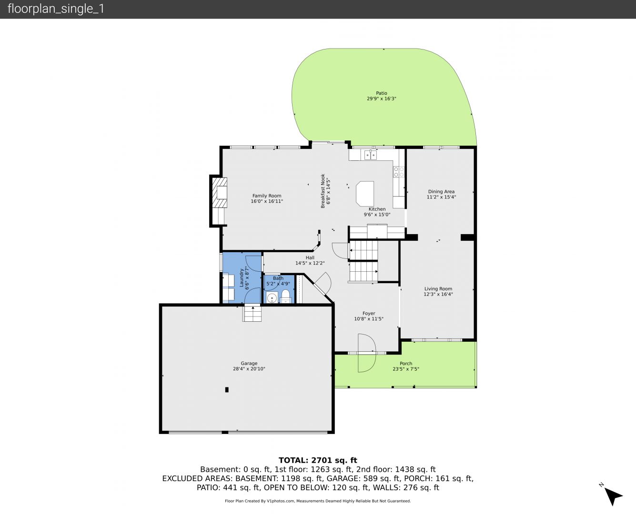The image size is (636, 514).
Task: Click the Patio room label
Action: (x=381, y=93)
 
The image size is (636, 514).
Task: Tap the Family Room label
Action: (x=267, y=196)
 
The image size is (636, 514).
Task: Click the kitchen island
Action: (x=365, y=193)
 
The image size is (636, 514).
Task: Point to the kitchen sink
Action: (x=370, y=155)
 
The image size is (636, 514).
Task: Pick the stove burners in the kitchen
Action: (x=399, y=172)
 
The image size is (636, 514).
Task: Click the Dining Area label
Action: (x=441, y=191)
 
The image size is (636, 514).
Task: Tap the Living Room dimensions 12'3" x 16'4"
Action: (x=438, y=294)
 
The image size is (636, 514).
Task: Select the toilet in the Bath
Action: (x=286, y=296)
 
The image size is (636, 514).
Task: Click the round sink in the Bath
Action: (x=272, y=298)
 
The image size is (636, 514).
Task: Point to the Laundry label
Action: (x=242, y=278)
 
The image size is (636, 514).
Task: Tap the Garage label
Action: (x=249, y=363)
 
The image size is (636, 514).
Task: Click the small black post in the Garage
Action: (x=227, y=390)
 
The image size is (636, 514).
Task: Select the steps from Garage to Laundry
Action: (x=252, y=314)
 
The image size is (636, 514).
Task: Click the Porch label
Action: (x=406, y=363)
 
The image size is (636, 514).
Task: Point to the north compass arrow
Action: (x=613, y=496)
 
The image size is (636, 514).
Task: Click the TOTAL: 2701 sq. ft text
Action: (x=318, y=460)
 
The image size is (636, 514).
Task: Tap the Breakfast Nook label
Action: (x=323, y=191)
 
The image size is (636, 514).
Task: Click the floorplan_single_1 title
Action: (x=56, y=9)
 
